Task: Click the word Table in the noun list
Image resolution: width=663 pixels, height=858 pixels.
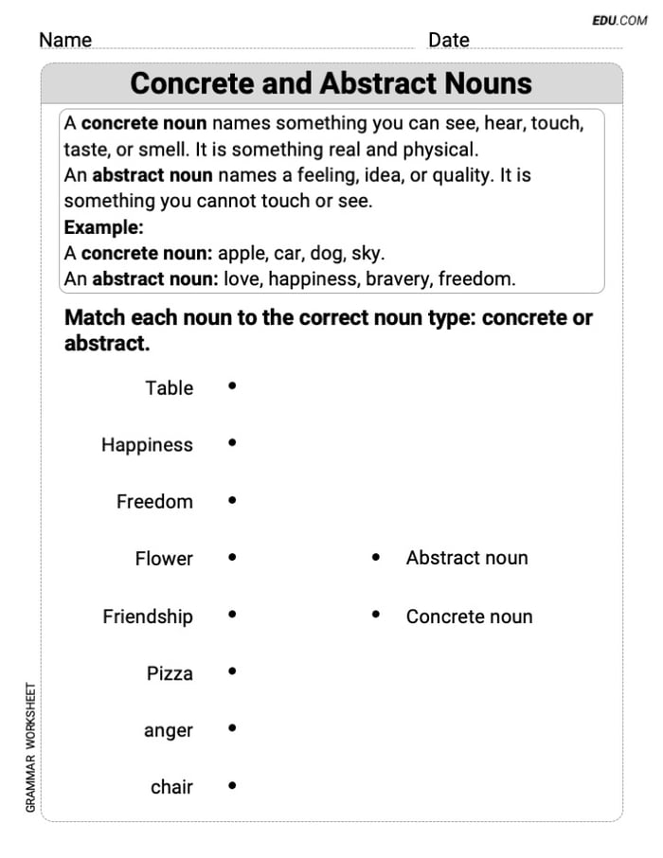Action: [x=169, y=387]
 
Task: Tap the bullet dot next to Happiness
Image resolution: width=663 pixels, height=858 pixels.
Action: [x=232, y=443]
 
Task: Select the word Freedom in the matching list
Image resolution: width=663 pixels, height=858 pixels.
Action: [x=154, y=502]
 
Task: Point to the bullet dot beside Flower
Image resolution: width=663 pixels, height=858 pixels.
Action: [x=232, y=558]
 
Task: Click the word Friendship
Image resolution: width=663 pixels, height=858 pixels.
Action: [x=147, y=617]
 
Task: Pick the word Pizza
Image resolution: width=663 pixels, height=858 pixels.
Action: [x=170, y=673]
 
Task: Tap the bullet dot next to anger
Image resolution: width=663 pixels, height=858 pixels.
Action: [x=232, y=729]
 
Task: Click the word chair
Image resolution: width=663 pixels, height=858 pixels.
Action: [x=171, y=787]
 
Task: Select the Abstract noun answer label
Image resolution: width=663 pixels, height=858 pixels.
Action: [x=467, y=558]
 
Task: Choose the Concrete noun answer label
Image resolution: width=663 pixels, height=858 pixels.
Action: [x=469, y=617]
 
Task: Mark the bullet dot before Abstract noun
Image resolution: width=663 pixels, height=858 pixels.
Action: [x=376, y=558]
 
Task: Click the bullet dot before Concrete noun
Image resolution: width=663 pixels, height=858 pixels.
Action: [x=376, y=615]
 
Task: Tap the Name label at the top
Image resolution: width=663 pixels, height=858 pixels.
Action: [x=65, y=40]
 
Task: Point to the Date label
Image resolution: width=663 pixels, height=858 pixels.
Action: [x=448, y=40]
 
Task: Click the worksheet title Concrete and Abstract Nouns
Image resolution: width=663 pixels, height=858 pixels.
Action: [x=331, y=83]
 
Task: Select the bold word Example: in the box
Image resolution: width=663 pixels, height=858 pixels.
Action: [x=103, y=227]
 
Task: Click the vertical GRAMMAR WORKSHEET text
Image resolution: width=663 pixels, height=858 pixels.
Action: [x=30, y=747]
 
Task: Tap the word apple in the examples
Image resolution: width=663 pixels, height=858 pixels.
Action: [x=242, y=254]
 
